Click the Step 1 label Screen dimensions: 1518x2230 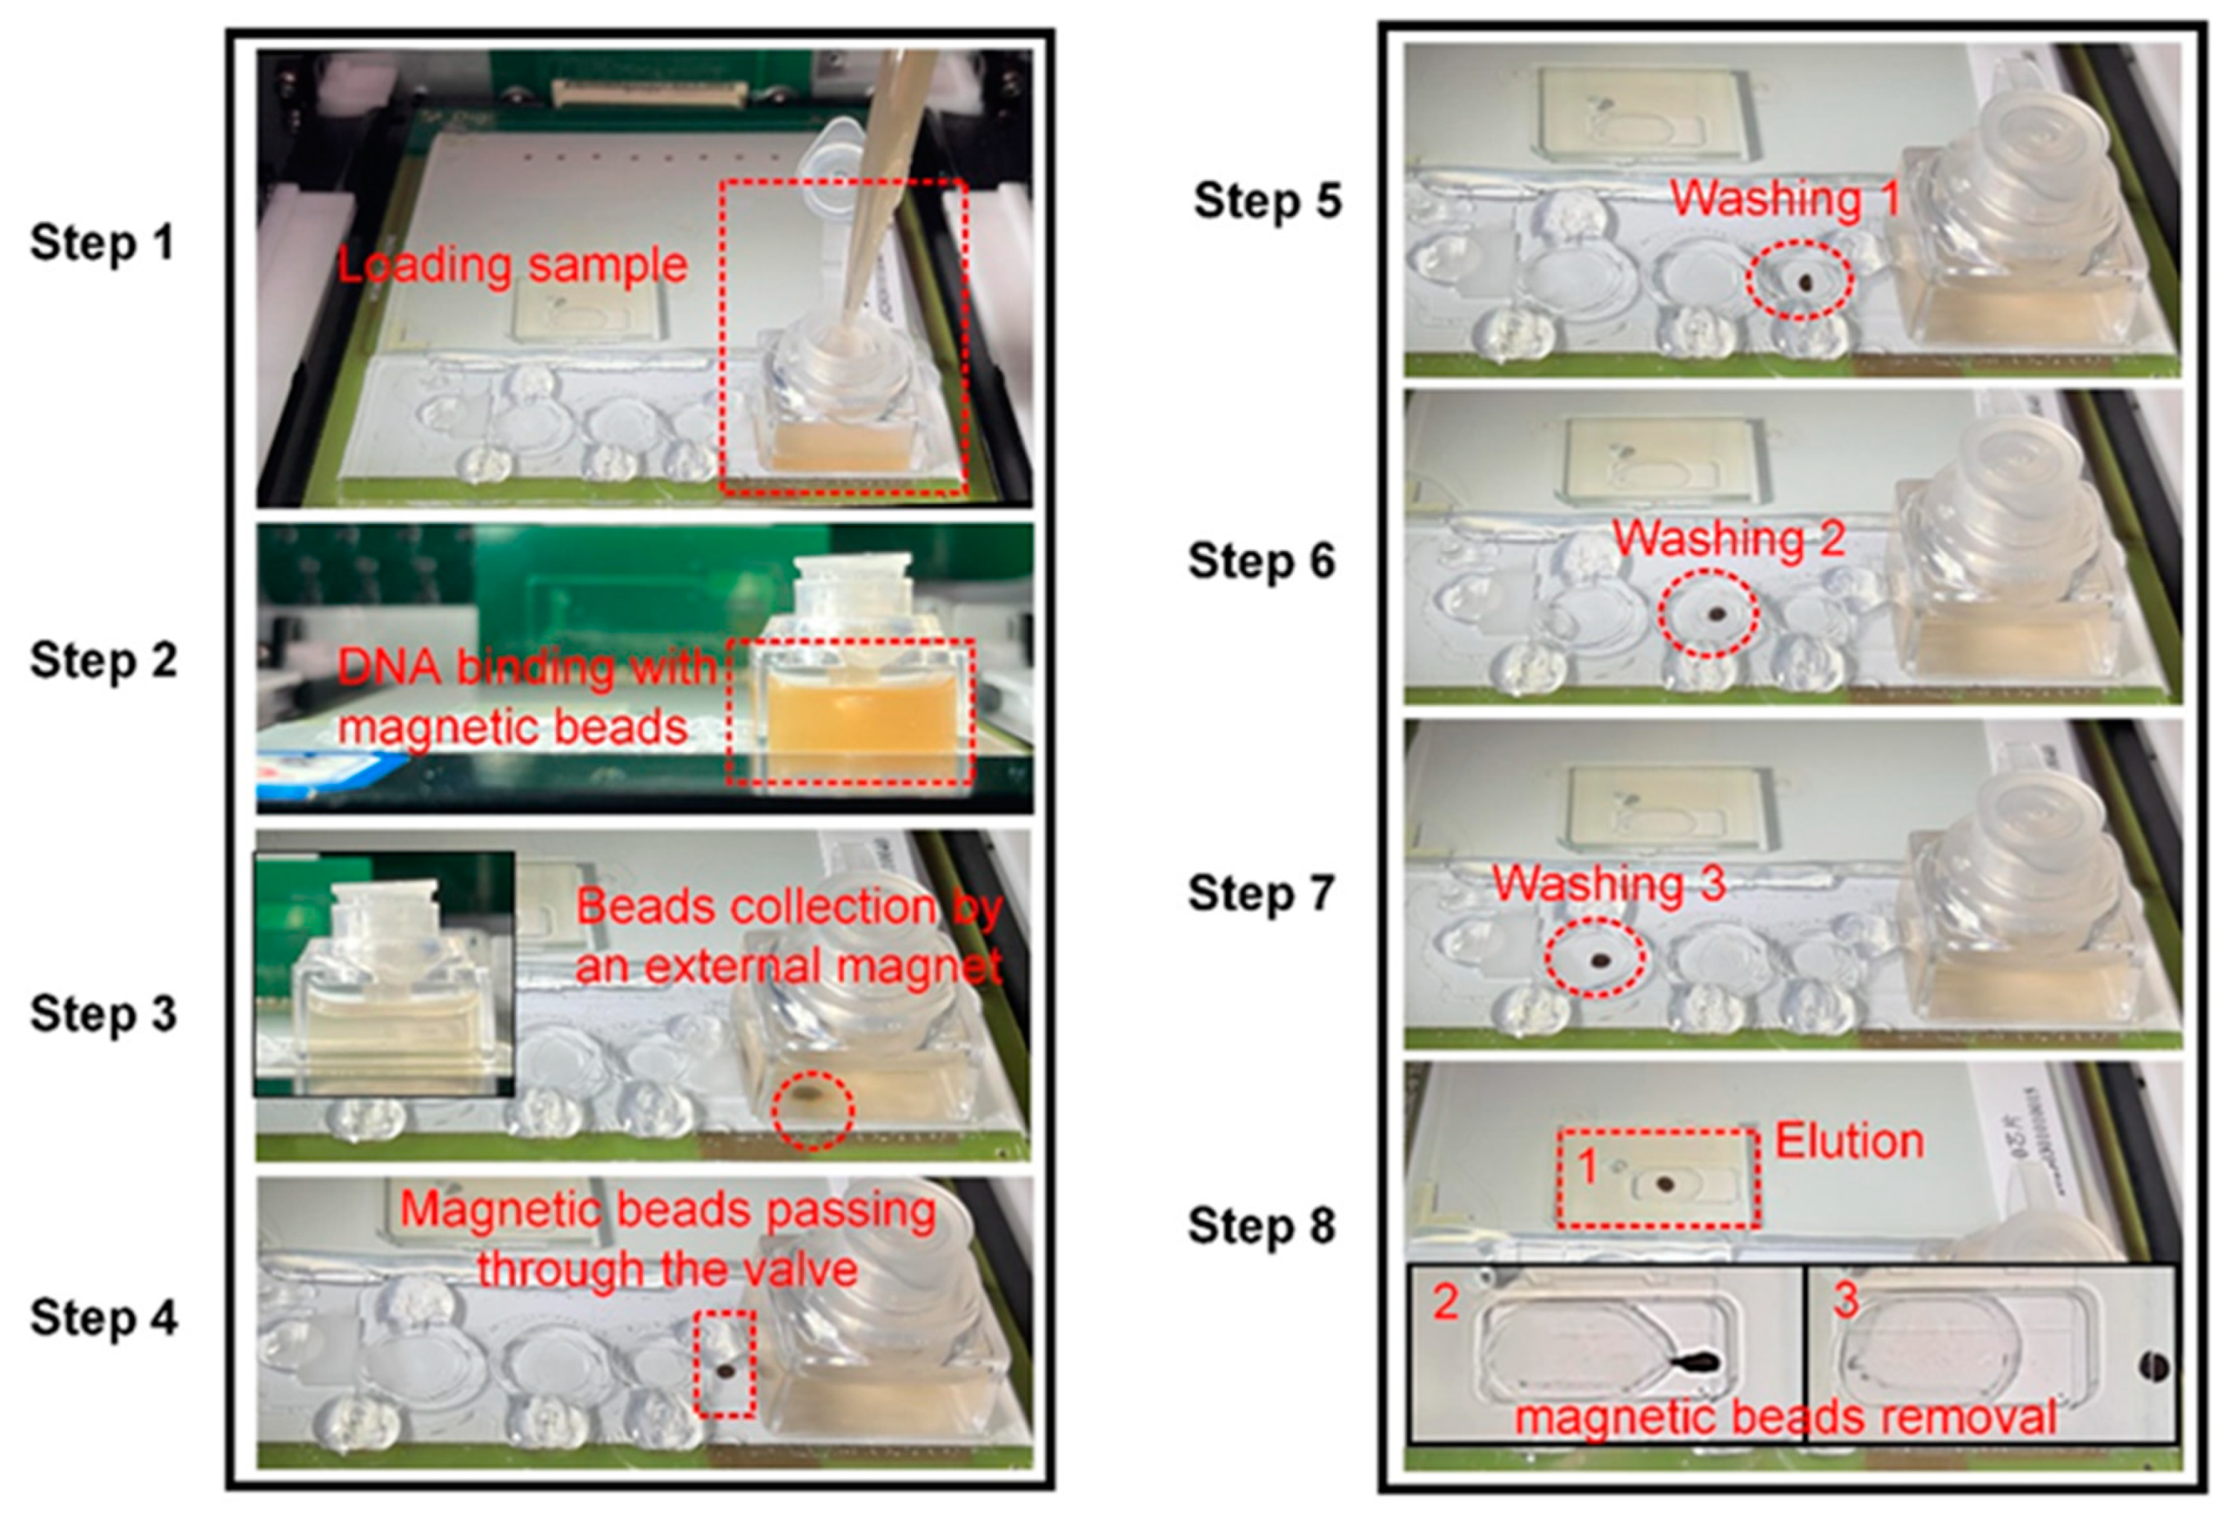click(103, 242)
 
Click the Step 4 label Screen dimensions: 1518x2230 click(103, 1318)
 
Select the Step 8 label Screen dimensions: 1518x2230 click(1261, 1225)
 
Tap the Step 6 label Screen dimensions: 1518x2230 click(1261, 561)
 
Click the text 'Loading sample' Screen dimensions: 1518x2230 click(512, 266)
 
